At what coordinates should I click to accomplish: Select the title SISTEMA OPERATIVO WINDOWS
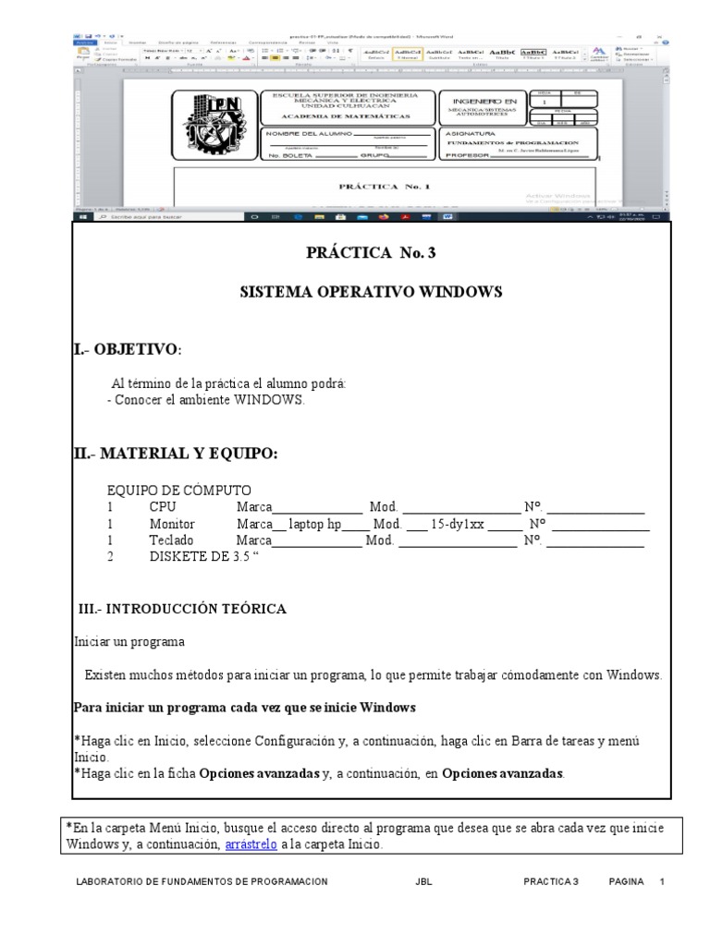coord(371,292)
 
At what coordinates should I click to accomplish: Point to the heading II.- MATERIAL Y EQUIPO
coord(175,453)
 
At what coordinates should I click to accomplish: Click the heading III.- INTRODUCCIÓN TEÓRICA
coord(181,609)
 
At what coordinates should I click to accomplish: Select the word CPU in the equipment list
coord(162,507)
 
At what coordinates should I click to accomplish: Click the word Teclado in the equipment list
coord(171,540)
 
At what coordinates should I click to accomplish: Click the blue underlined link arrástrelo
coord(251,844)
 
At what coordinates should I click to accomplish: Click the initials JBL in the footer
coord(424,882)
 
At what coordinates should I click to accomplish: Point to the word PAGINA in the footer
coord(626,882)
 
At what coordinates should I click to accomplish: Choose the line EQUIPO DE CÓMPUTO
coord(179,491)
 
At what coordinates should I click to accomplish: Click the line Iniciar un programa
coord(129,641)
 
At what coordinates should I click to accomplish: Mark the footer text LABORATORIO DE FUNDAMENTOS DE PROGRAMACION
coord(202,882)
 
